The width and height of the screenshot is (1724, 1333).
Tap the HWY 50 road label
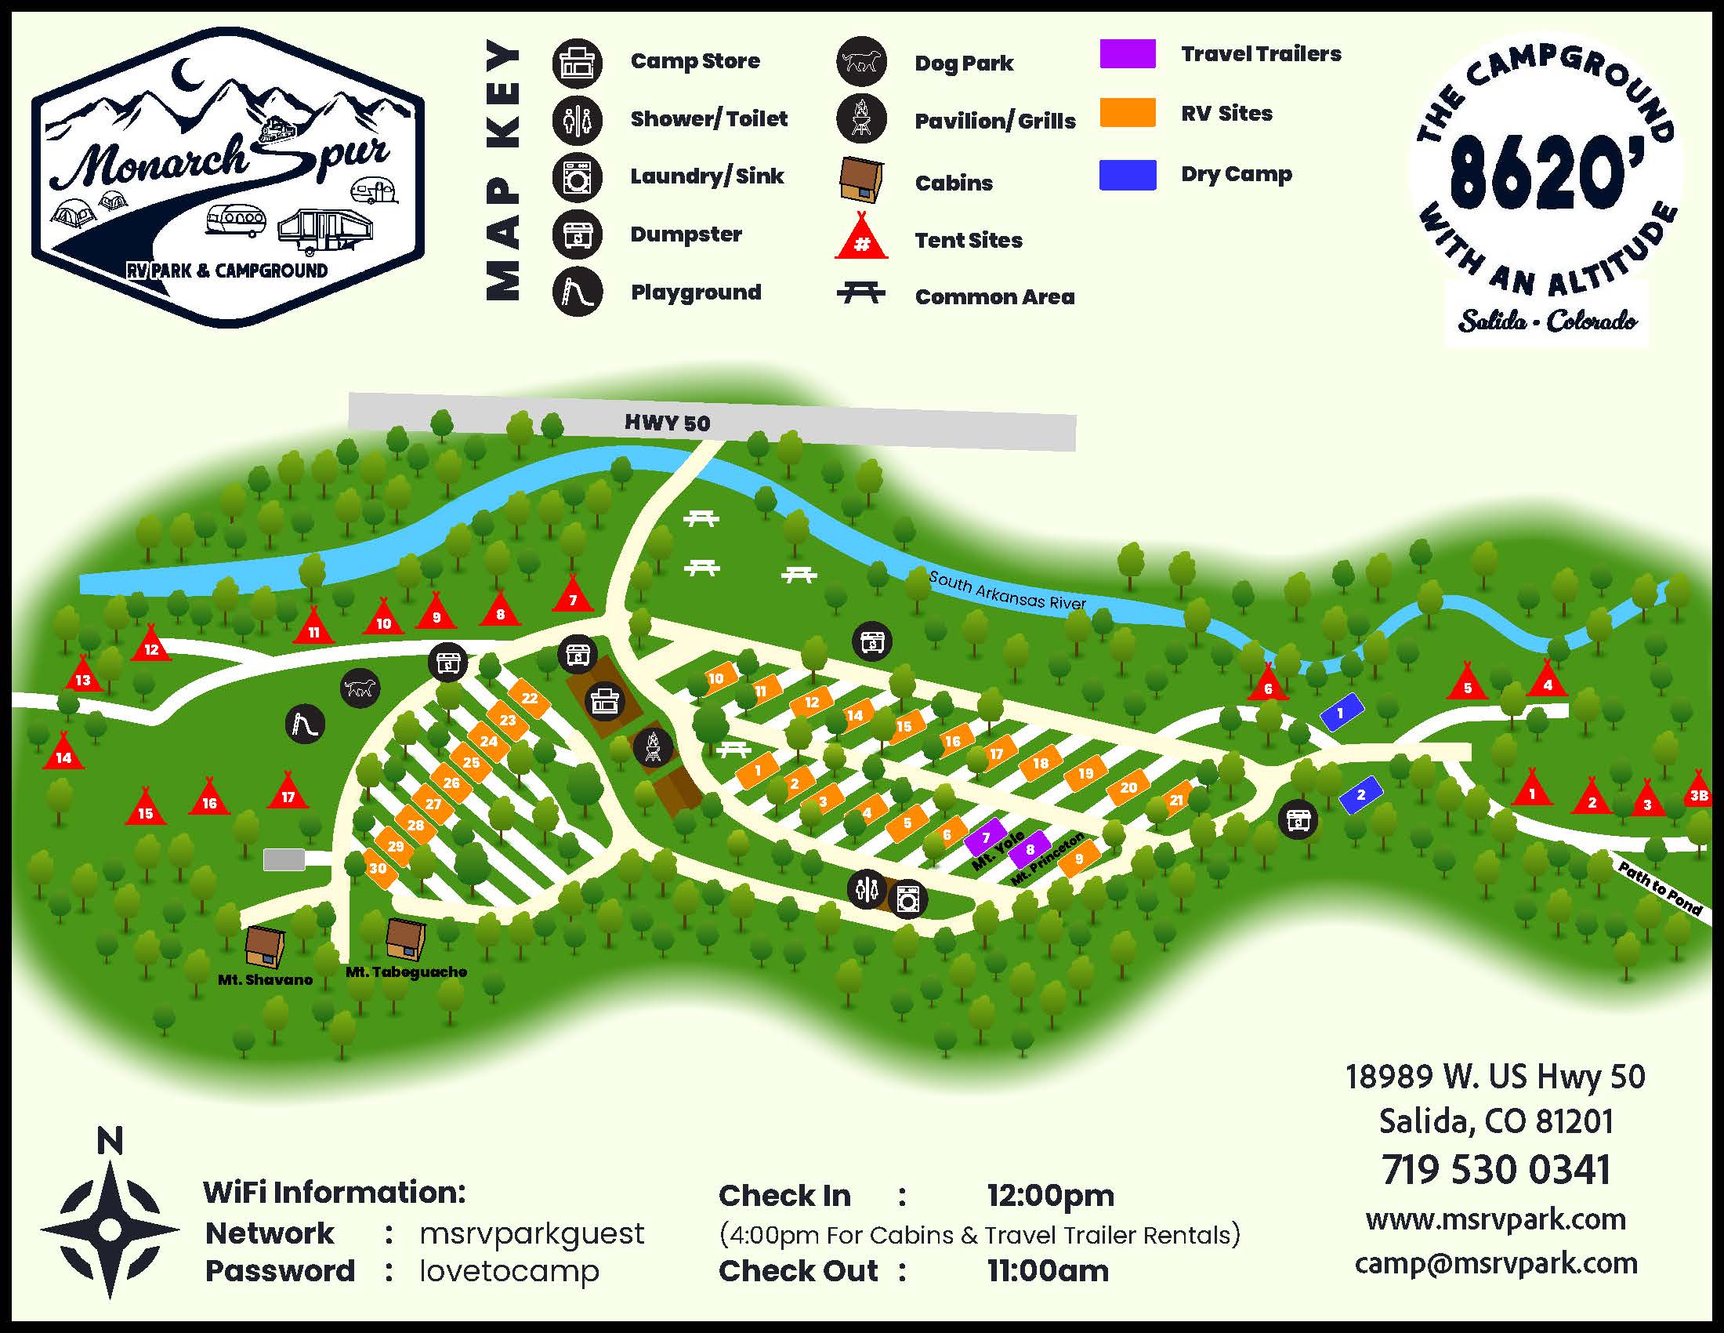coord(667,423)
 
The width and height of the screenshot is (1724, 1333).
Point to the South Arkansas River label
coord(1006,590)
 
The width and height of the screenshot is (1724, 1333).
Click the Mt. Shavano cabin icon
coord(264,946)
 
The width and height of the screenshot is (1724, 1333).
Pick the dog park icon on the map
coord(360,688)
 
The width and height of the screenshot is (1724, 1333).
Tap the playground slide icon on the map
coord(306,724)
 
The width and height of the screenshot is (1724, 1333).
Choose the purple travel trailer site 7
coord(985,837)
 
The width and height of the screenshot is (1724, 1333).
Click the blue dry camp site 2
coord(1360,794)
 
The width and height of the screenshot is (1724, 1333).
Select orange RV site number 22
coord(529,698)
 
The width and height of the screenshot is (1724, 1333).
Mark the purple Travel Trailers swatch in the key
coord(1127,53)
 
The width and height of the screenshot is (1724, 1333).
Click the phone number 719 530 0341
coord(1495,1170)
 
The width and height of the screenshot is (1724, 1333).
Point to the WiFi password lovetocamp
coord(509,1270)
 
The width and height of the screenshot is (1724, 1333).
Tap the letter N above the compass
coord(110,1140)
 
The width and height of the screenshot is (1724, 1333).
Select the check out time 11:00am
coord(1048,1270)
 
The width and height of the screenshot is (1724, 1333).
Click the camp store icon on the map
coord(605,700)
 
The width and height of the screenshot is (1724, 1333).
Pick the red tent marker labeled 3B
coord(1698,792)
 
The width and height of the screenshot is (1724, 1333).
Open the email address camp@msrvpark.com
coord(1496,1262)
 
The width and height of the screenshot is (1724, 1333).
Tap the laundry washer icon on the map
coord(907,899)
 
